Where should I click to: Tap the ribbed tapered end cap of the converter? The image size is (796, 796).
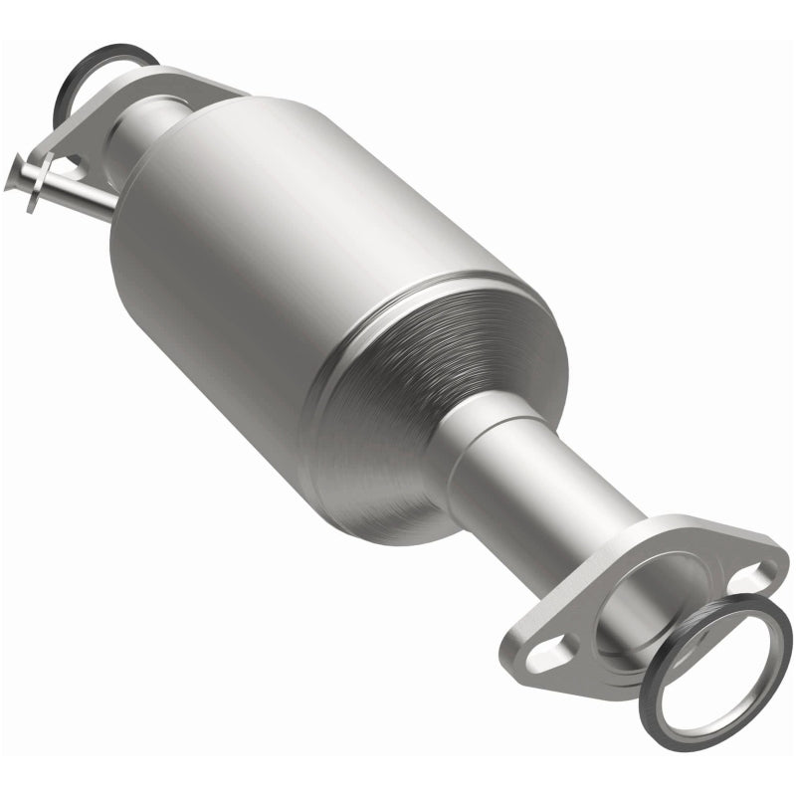(x=398, y=418)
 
